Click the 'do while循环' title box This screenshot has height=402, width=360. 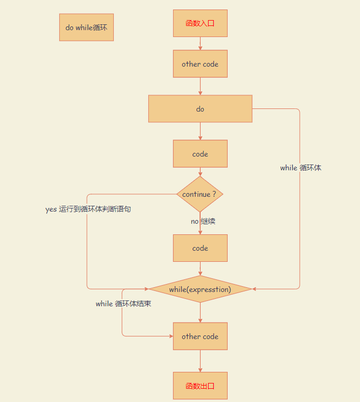(86, 27)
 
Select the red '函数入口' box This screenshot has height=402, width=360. (200, 23)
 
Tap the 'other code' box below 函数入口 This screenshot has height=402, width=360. (200, 64)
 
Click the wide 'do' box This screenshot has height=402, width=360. (200, 109)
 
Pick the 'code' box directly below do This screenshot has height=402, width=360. (200, 154)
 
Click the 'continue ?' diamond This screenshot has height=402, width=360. (200, 194)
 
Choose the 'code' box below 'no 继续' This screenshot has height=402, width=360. (200, 248)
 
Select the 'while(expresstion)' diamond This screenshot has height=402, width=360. (200, 289)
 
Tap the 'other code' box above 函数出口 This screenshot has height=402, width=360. (200, 336)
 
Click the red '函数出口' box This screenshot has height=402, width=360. (200, 386)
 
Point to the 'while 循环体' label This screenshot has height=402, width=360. (301, 168)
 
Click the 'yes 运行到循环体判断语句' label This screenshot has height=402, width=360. (88, 209)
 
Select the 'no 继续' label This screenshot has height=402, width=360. (203, 221)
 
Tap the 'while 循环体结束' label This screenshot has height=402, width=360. (123, 304)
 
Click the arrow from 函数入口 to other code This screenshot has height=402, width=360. (200, 44)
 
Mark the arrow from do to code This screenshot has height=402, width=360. (200, 131)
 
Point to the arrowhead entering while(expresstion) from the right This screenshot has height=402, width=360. (255, 289)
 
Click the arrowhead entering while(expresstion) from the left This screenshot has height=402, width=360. (146, 289)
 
